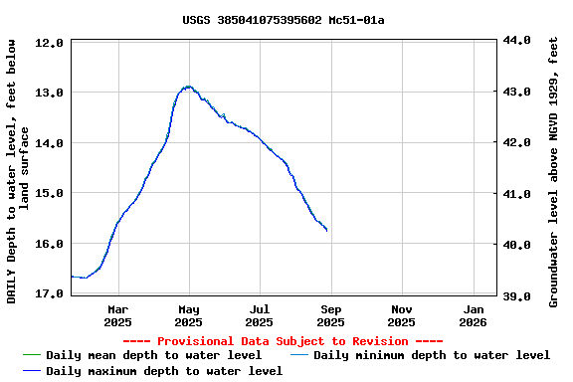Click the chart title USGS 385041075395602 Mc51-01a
click(284, 20)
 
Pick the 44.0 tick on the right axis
click(517, 40)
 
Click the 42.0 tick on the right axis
click(517, 142)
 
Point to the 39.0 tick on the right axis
click(517, 295)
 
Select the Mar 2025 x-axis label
click(117, 315)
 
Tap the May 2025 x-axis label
click(188, 315)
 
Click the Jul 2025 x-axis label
click(259, 315)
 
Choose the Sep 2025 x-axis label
click(330, 315)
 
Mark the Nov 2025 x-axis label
click(401, 315)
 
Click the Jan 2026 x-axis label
click(473, 315)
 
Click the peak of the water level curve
click(188, 87)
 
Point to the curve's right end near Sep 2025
click(326, 230)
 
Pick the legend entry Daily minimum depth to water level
click(431, 355)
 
